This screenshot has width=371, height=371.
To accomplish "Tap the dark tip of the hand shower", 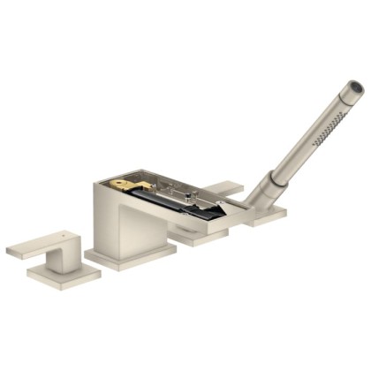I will pos(355,87).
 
